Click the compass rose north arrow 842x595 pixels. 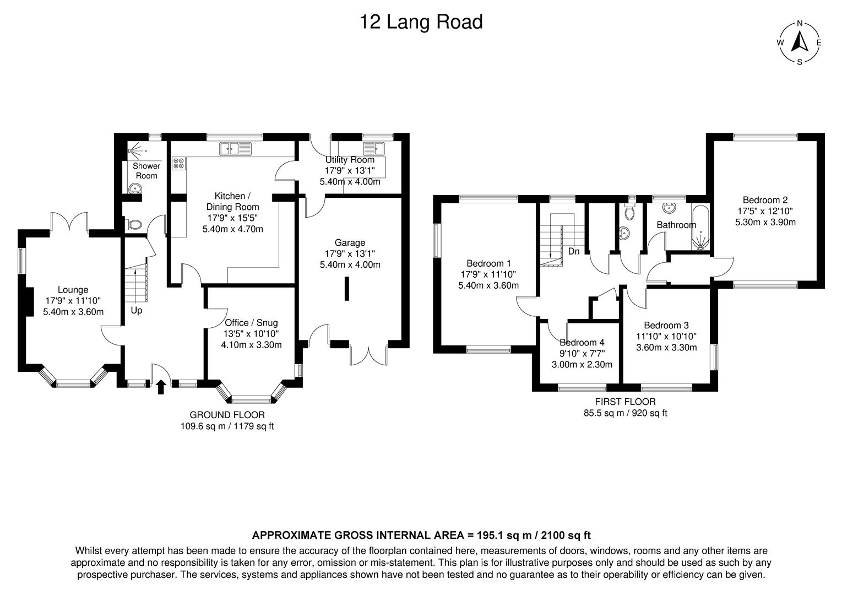coord(799,42)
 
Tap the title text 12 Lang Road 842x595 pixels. coord(421,22)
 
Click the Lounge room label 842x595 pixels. coord(73,290)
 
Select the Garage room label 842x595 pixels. coord(350,242)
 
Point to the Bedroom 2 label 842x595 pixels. coord(765,200)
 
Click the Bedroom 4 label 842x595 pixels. coord(582,342)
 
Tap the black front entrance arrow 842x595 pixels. coord(161,387)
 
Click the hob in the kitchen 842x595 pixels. coord(179,163)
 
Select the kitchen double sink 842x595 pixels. coord(235,148)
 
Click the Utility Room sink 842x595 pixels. coord(374,148)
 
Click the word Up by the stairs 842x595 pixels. coord(137,310)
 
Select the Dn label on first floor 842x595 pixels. coord(574,251)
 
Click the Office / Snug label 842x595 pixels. coord(251,323)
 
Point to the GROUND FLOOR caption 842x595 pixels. coord(227,415)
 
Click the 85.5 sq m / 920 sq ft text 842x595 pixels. coord(625,413)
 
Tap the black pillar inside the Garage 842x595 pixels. coord(346,289)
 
